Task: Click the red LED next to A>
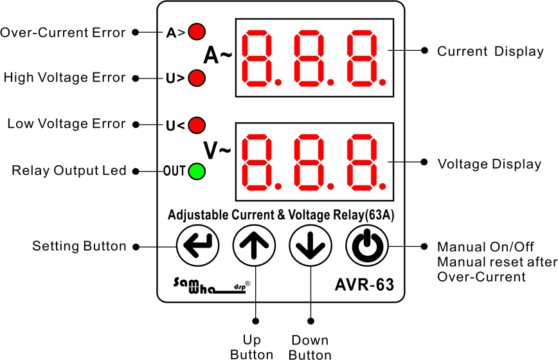pos(197,32)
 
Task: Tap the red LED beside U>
pos(197,78)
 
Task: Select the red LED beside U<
pos(197,125)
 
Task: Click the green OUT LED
pos(197,171)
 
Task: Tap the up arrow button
pos(254,246)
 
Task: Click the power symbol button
pos(367,246)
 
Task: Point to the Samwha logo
pos(212,285)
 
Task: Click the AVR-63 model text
pos(364,285)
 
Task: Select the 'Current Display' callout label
pos(491,51)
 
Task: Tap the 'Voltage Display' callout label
pos(489,164)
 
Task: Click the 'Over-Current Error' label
pos(62,32)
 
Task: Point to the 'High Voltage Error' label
pos(64,78)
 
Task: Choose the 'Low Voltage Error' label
pos(66,123)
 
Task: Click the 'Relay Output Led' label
pos(69,170)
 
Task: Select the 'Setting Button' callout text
pos(79,246)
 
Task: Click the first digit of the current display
pos(257,59)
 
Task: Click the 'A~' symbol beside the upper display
pos(217,55)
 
